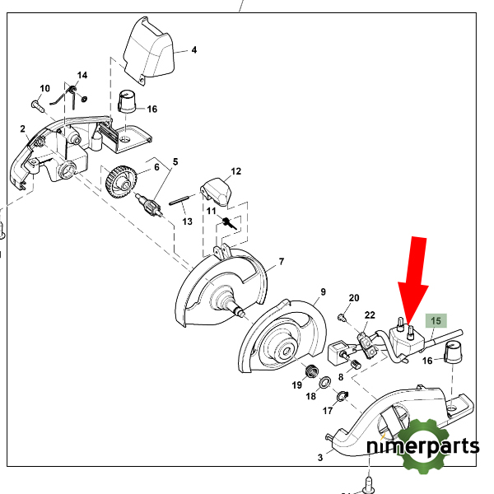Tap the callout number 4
pyautogui.click(x=194, y=50)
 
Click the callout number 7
pyautogui.click(x=281, y=262)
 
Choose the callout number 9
pyautogui.click(x=323, y=291)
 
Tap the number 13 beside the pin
pyautogui.click(x=187, y=221)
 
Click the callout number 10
pyautogui.click(x=44, y=88)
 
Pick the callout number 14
pyautogui.click(x=82, y=75)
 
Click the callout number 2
pyautogui.click(x=23, y=128)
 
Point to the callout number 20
pyautogui.click(x=354, y=297)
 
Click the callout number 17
pyautogui.click(x=328, y=409)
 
